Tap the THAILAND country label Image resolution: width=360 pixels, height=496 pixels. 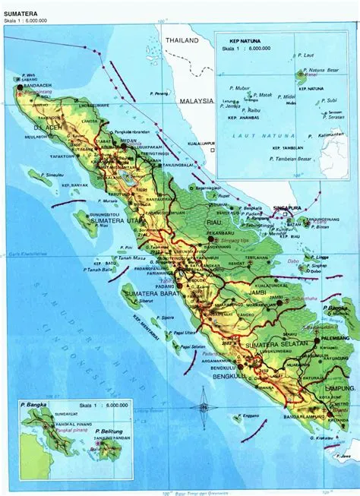[183, 40]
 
